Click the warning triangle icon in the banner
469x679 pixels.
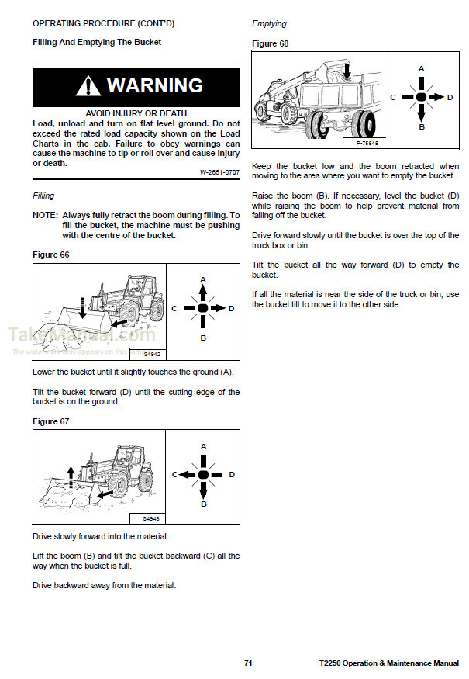(x=88, y=85)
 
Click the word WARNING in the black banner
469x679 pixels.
(x=155, y=85)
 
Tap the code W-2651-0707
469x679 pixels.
(x=219, y=171)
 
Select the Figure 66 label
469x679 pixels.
(x=51, y=255)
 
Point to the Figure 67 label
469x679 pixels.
(x=51, y=421)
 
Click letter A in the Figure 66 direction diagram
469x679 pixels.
(x=203, y=279)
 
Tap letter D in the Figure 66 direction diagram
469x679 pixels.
(x=231, y=308)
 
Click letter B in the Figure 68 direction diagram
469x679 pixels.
(x=422, y=126)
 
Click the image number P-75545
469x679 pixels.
(x=367, y=144)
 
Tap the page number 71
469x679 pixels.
(x=248, y=664)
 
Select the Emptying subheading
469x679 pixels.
(x=269, y=24)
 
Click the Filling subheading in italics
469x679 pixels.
(x=43, y=196)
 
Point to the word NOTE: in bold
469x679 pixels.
(x=45, y=214)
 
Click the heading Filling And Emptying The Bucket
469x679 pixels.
(x=97, y=42)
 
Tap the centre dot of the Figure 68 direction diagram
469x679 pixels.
(x=422, y=97)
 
